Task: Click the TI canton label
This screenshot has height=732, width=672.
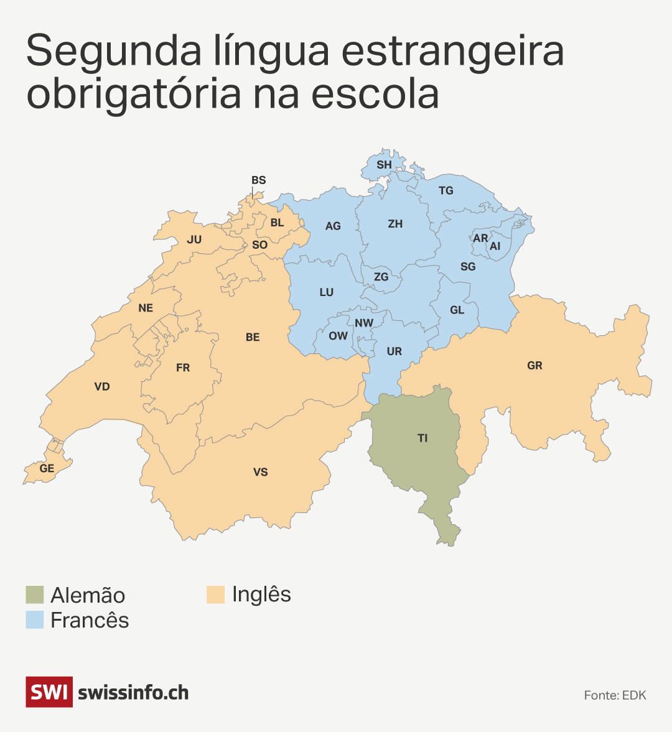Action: [x=422, y=438]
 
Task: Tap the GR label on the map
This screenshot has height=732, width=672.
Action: [x=534, y=366]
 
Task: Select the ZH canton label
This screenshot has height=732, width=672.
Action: [x=395, y=224]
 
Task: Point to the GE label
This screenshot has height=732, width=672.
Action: [x=47, y=468]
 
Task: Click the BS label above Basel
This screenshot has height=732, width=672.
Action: [x=258, y=180]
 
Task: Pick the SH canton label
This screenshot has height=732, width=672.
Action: [x=384, y=165]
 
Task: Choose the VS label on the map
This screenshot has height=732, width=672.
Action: [x=260, y=472]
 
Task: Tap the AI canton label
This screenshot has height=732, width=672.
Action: [x=495, y=246]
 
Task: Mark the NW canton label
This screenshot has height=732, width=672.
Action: [x=364, y=323]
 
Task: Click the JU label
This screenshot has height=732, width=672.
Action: [x=194, y=239]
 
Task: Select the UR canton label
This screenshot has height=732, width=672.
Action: [x=394, y=351]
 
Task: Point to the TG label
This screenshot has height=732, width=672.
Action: [x=446, y=191]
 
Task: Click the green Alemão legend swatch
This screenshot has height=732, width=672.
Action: [x=35, y=595]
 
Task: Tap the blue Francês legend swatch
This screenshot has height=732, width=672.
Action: [x=35, y=619]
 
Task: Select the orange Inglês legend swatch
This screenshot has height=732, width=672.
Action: [x=215, y=595]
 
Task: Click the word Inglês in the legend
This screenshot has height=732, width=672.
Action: [x=261, y=595]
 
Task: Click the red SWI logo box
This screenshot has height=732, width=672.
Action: [x=49, y=692]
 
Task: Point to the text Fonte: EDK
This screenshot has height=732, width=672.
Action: [x=615, y=695]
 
